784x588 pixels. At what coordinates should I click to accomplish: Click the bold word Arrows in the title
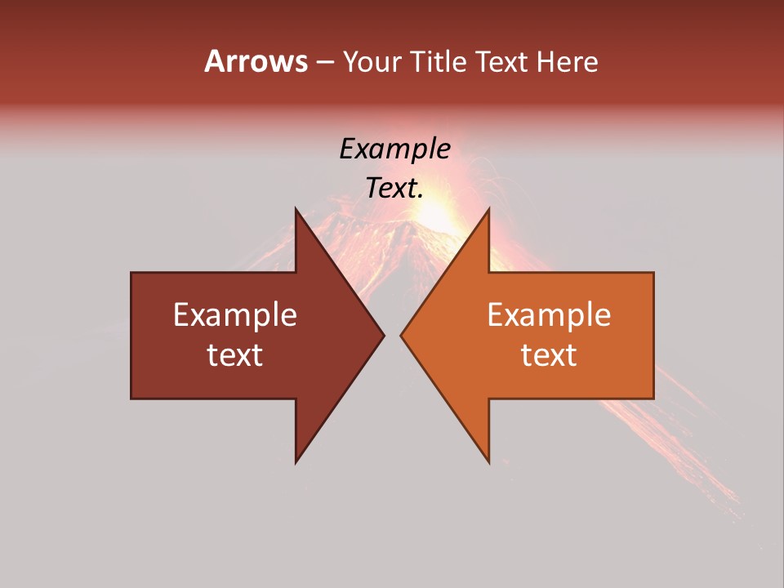pyautogui.click(x=256, y=61)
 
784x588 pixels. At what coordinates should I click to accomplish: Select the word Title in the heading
pyautogui.click(x=441, y=61)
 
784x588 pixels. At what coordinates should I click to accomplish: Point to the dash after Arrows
pyautogui.click(x=324, y=63)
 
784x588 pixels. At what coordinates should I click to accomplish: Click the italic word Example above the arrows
pyautogui.click(x=395, y=149)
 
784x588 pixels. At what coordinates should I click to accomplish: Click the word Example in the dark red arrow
pyautogui.click(x=235, y=315)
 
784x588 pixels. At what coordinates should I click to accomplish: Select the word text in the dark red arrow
pyautogui.click(x=235, y=354)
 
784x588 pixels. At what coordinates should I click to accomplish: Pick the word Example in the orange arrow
pyautogui.click(x=549, y=315)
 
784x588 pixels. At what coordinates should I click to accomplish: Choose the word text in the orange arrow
pyautogui.click(x=549, y=354)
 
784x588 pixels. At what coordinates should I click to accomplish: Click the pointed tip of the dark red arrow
pyautogui.click(x=383, y=335)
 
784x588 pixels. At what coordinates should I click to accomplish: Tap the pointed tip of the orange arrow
pyautogui.click(x=402, y=335)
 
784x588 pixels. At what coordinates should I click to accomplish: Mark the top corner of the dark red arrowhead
pyautogui.click(x=296, y=210)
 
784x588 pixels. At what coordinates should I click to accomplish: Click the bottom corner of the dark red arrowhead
pyautogui.click(x=296, y=461)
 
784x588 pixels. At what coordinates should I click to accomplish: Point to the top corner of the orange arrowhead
pyautogui.click(x=488, y=210)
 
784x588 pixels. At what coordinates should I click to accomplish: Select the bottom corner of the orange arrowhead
pyautogui.click(x=488, y=461)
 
